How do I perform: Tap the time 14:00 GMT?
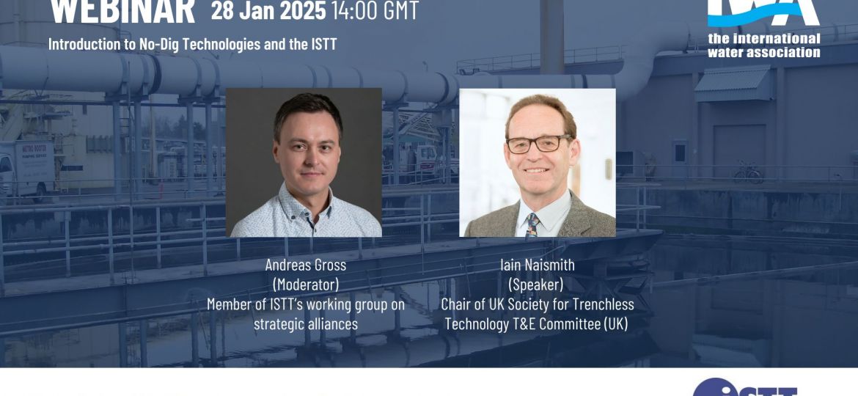(x=375, y=12)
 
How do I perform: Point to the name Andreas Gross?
(x=306, y=265)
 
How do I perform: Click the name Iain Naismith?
(x=537, y=265)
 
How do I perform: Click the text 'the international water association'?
(x=763, y=45)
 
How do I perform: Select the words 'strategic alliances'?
(x=306, y=323)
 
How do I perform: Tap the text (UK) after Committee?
(x=615, y=323)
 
